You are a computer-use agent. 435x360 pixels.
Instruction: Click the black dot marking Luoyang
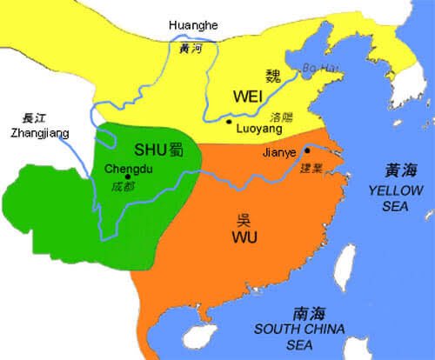tap(227, 123)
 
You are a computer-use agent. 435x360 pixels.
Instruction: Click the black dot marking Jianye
tap(306, 150)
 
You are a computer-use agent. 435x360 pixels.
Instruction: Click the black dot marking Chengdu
tap(128, 177)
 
